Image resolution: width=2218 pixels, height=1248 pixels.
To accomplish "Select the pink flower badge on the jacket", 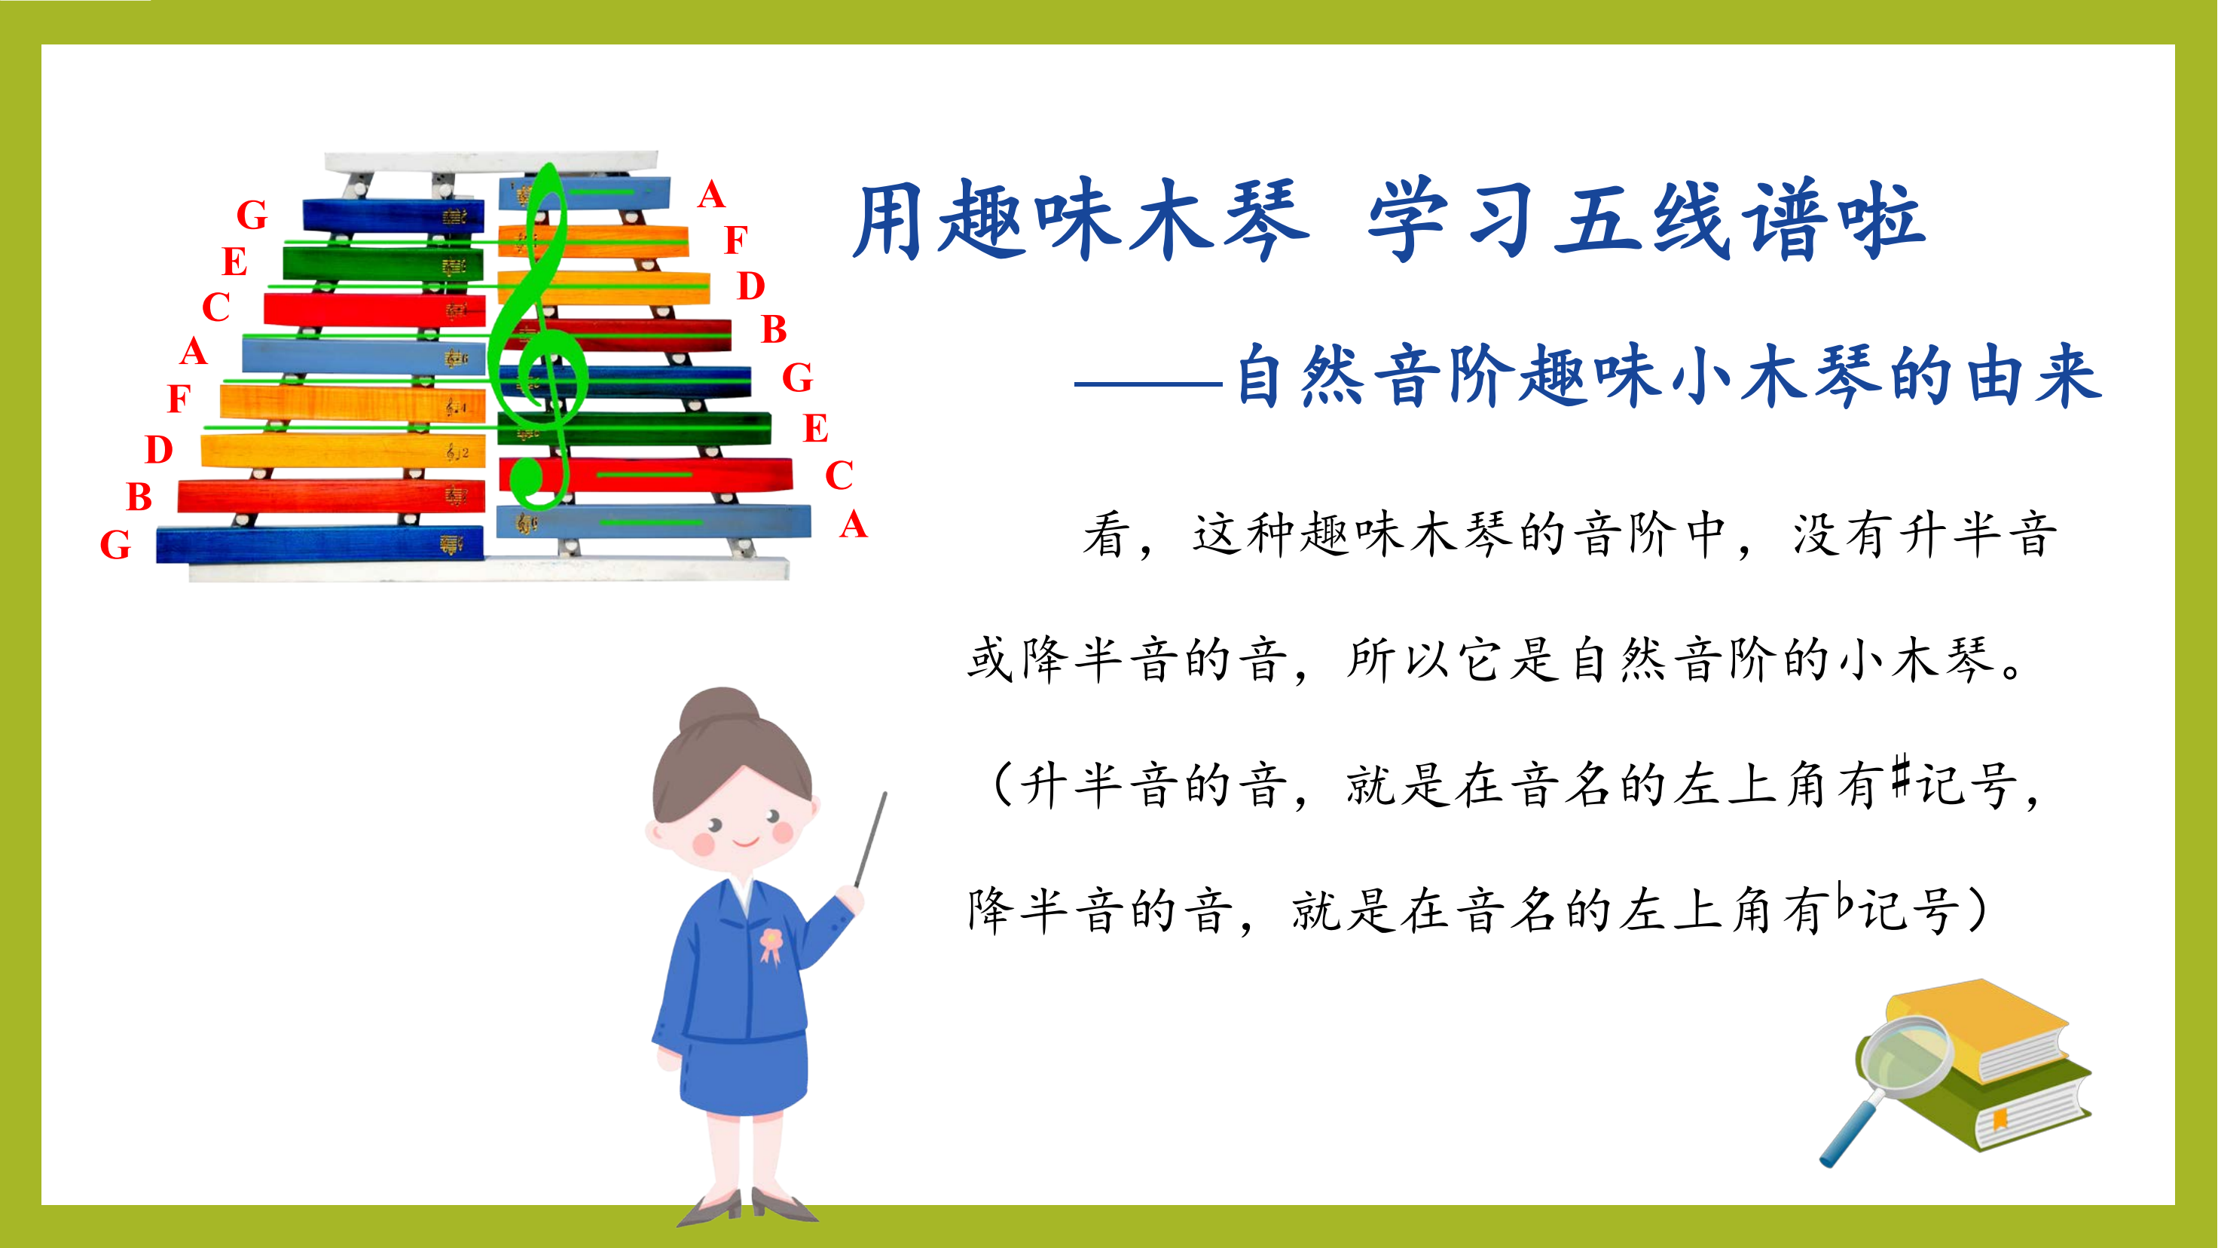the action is pyautogui.click(x=771, y=946).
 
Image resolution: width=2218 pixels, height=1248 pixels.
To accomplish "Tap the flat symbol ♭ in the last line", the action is pyautogui.click(x=1844, y=899).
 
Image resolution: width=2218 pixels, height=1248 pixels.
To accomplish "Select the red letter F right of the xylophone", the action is pyautogui.click(x=735, y=240).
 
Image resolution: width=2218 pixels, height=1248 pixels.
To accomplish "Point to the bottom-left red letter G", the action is pyautogui.click(x=115, y=544).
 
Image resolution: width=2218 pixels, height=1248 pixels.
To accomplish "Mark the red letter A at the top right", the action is pyautogui.click(x=711, y=194).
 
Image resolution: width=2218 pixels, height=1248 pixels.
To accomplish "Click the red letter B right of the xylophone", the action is pyautogui.click(x=774, y=329).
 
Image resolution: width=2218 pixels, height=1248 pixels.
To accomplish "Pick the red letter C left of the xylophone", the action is pyautogui.click(x=216, y=307).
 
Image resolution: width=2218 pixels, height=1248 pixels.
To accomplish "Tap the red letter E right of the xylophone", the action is pyautogui.click(x=815, y=428).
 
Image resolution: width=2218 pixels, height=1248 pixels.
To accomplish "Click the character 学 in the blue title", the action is pyautogui.click(x=1409, y=219).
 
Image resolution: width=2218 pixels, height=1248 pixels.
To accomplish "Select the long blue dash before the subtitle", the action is pyautogui.click(x=1150, y=384).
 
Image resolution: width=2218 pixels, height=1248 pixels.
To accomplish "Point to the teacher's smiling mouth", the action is pyautogui.click(x=746, y=840).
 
